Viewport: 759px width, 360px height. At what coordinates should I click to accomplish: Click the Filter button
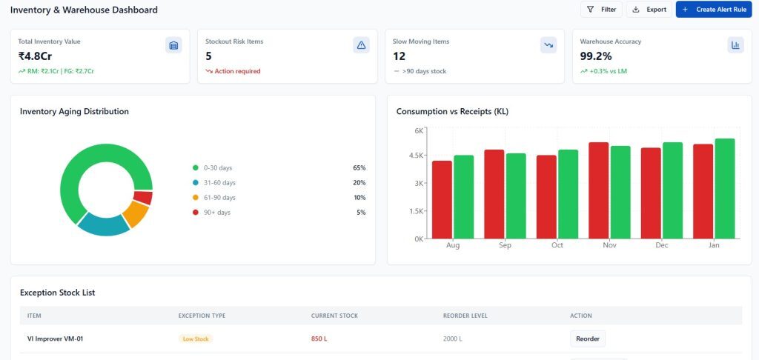(x=600, y=10)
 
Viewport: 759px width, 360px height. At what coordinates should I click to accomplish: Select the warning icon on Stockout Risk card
(x=361, y=45)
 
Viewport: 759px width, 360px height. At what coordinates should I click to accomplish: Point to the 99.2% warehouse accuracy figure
(x=596, y=56)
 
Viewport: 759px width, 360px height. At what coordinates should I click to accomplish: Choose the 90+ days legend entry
(x=217, y=213)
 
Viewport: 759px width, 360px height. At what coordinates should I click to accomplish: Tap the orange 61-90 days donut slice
(x=136, y=215)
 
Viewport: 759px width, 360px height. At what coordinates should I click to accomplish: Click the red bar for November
(x=598, y=190)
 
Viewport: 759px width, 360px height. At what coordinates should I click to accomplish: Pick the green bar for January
(x=725, y=188)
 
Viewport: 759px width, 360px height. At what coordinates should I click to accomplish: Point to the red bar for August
(x=442, y=199)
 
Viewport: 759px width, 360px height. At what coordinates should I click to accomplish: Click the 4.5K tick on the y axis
(x=415, y=156)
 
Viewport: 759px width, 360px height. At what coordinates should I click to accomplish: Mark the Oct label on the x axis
(x=557, y=245)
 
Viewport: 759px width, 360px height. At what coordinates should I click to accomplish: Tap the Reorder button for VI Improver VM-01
(x=587, y=339)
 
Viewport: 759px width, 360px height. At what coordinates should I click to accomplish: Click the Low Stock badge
(x=196, y=339)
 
